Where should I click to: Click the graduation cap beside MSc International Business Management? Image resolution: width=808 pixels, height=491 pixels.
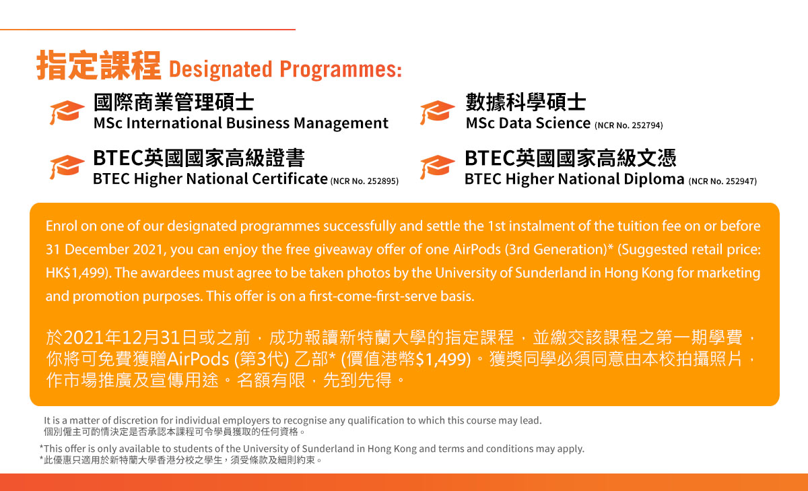[67, 112]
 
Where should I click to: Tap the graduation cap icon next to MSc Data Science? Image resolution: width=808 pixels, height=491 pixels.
[437, 112]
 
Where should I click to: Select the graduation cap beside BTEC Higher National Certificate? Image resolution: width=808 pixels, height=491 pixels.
[67, 167]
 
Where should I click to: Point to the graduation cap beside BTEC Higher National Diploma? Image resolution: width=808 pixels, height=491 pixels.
[437, 167]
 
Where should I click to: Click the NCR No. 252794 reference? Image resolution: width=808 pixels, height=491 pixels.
[629, 125]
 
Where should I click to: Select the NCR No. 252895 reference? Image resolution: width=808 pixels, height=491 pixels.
[364, 181]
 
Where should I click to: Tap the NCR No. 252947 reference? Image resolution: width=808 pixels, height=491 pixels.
[722, 181]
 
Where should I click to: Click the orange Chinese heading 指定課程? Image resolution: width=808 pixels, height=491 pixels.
[98, 65]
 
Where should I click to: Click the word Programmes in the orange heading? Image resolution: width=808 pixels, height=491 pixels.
[341, 69]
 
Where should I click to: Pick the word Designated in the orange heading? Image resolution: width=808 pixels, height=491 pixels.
[220, 69]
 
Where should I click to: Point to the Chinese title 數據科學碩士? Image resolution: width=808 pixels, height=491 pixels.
[526, 102]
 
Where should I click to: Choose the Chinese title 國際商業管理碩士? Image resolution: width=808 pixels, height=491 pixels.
[174, 102]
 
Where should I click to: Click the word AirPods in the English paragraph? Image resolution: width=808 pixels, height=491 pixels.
[477, 249]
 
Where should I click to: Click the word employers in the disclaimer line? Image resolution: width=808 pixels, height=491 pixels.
[246, 421]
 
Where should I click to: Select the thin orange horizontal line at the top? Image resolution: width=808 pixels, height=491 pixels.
[147, 30]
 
